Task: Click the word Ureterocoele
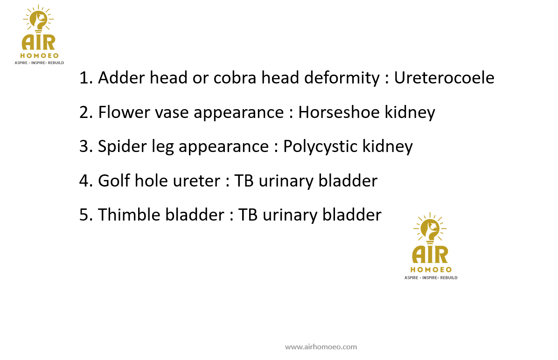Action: pos(444,77)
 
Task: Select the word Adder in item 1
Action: pos(121,77)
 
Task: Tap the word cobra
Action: pos(235,77)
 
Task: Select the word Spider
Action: pos(122,147)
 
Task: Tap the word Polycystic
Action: pos(320,147)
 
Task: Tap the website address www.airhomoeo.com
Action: pos(321,347)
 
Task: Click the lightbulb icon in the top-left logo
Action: pos(38,20)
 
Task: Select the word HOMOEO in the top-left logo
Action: pos(39,55)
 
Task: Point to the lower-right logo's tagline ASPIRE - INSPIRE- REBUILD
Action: pos(431,277)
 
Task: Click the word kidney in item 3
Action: pos(388,147)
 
